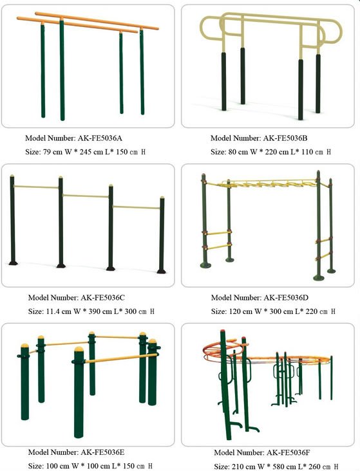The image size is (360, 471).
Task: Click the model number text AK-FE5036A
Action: coord(100,138)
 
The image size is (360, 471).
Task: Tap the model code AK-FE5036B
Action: coord(285,138)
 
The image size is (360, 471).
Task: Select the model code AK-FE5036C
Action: coord(103,298)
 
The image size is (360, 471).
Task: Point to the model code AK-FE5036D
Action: coord(286,298)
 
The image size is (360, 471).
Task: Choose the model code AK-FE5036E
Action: coord(102,452)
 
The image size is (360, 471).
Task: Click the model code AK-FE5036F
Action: coord(289,452)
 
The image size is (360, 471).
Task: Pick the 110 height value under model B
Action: coord(307,152)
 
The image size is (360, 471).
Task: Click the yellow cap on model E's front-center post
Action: coord(79,349)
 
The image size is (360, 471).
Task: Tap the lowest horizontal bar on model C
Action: coord(137,207)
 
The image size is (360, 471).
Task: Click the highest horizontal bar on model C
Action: coord(36,187)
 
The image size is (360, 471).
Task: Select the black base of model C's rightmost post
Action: coord(162,272)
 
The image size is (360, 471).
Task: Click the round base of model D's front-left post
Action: coord(206,265)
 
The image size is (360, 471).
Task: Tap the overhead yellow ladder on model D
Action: coord(269,183)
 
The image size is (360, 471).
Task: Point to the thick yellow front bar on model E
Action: coord(121,358)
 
